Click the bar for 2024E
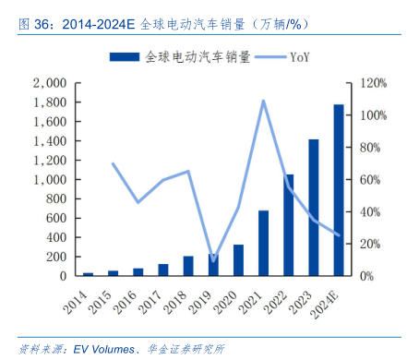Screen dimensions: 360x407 pyautogui.click(x=339, y=190)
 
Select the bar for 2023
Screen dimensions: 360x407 pyautogui.click(x=314, y=208)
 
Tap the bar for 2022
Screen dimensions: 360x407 pyautogui.click(x=289, y=224)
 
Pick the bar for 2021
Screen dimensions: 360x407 pyautogui.click(x=264, y=243)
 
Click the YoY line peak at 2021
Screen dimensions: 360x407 pyautogui.click(x=263, y=101)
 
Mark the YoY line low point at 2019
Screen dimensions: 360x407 pyautogui.click(x=213, y=261)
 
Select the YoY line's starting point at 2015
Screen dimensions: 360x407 pyautogui.click(x=113, y=163)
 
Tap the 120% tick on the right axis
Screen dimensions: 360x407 pyautogui.click(x=373, y=83)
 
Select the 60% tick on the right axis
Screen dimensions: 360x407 pyautogui.click(x=370, y=179)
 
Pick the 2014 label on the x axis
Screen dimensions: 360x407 pyautogui.click(x=81, y=297)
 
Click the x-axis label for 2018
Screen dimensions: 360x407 pyautogui.click(x=182, y=297)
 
